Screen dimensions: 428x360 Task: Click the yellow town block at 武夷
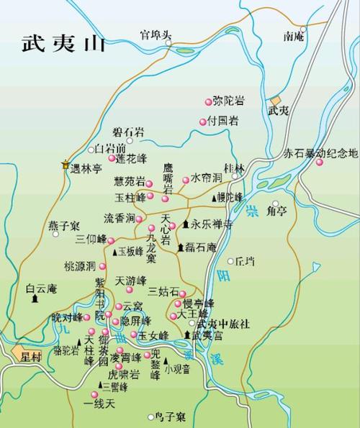(x=274, y=101)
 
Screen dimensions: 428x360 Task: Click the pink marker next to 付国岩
(x=203, y=121)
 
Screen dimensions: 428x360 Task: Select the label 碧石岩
(x=127, y=132)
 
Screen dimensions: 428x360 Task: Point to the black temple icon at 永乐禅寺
(x=186, y=224)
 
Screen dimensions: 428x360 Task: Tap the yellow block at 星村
(x=17, y=352)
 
